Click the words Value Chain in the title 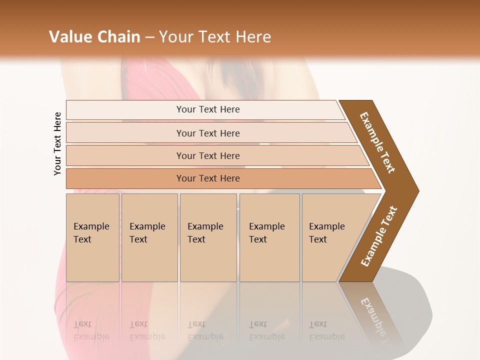pyautogui.click(x=94, y=37)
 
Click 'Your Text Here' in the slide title pyautogui.click(x=215, y=37)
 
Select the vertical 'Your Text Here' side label pyautogui.click(x=57, y=143)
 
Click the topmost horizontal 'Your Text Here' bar pyautogui.click(x=208, y=109)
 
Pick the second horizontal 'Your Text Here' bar pyautogui.click(x=208, y=133)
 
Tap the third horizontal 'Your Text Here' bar pyautogui.click(x=208, y=155)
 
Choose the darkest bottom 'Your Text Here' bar pyautogui.click(x=208, y=178)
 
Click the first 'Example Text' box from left pyautogui.click(x=92, y=237)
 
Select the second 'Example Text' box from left pyautogui.click(x=149, y=237)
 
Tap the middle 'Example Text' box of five pyautogui.click(x=207, y=237)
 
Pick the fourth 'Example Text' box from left pyautogui.click(x=269, y=237)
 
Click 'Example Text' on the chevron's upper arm pyautogui.click(x=378, y=142)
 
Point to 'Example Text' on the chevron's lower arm pyautogui.click(x=379, y=236)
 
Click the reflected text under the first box pyautogui.click(x=91, y=330)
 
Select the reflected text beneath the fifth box pyautogui.click(x=327, y=330)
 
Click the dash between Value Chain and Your pyautogui.click(x=149, y=37)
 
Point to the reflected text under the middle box pyautogui.click(x=205, y=330)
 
